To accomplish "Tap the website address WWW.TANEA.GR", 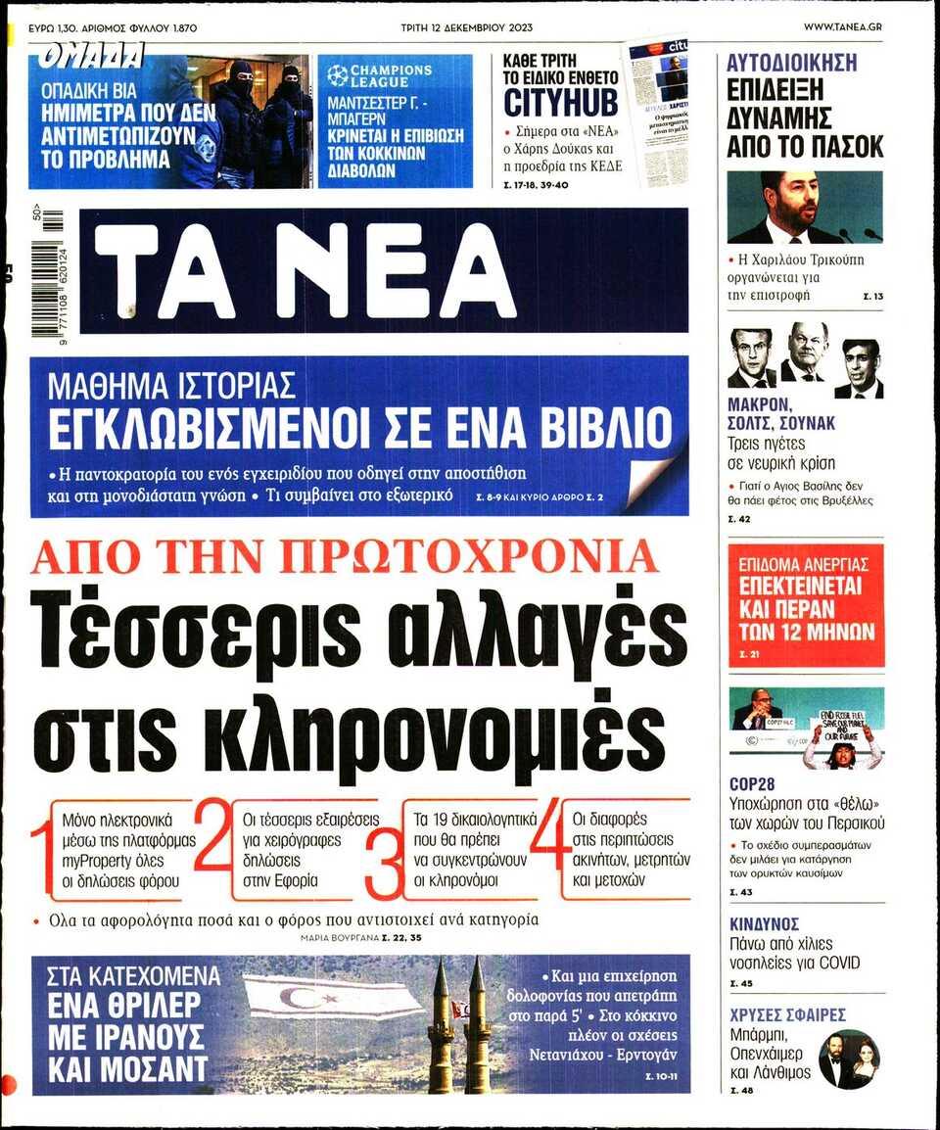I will tap(842, 26).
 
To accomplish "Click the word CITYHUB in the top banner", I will tap(561, 102).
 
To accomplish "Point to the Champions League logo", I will tap(338, 75).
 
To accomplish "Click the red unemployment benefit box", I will tap(806, 605).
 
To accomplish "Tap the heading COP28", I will tap(752, 784).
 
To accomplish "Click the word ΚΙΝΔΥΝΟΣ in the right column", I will tap(765, 923).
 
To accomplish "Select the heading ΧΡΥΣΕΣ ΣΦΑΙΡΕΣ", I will tap(787, 1014).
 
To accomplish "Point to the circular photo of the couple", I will tap(848, 1059).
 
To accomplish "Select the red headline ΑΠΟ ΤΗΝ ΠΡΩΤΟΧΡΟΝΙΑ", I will tap(345, 556).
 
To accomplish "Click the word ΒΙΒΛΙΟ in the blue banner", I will tap(587, 428).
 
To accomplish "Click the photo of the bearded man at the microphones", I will tap(804, 208).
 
